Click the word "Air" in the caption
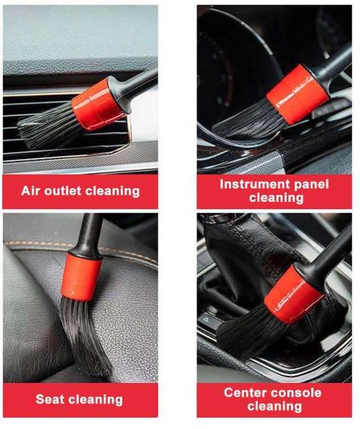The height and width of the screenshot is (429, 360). [x=31, y=191]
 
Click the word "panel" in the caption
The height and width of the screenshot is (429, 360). [x=312, y=185]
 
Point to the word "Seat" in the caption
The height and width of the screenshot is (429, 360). [x=50, y=399]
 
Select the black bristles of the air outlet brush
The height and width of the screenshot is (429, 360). [x=47, y=126]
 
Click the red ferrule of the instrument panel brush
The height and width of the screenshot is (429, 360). [x=297, y=94]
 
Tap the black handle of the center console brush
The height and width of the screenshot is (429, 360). [x=329, y=254]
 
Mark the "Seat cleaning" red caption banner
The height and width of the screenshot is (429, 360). [x=80, y=400]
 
